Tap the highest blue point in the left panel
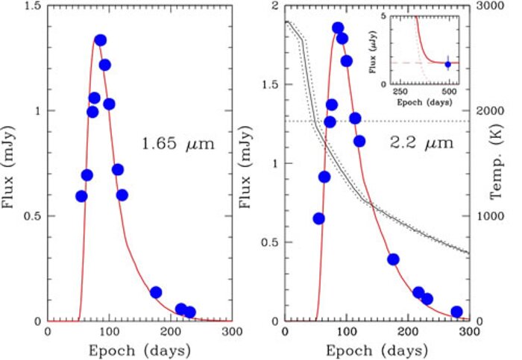[x=100, y=40]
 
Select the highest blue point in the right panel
[x=338, y=28]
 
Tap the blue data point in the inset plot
[x=447, y=64]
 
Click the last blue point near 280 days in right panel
[x=456, y=312]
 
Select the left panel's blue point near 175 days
[x=156, y=292]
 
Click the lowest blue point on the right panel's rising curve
[x=318, y=218]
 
